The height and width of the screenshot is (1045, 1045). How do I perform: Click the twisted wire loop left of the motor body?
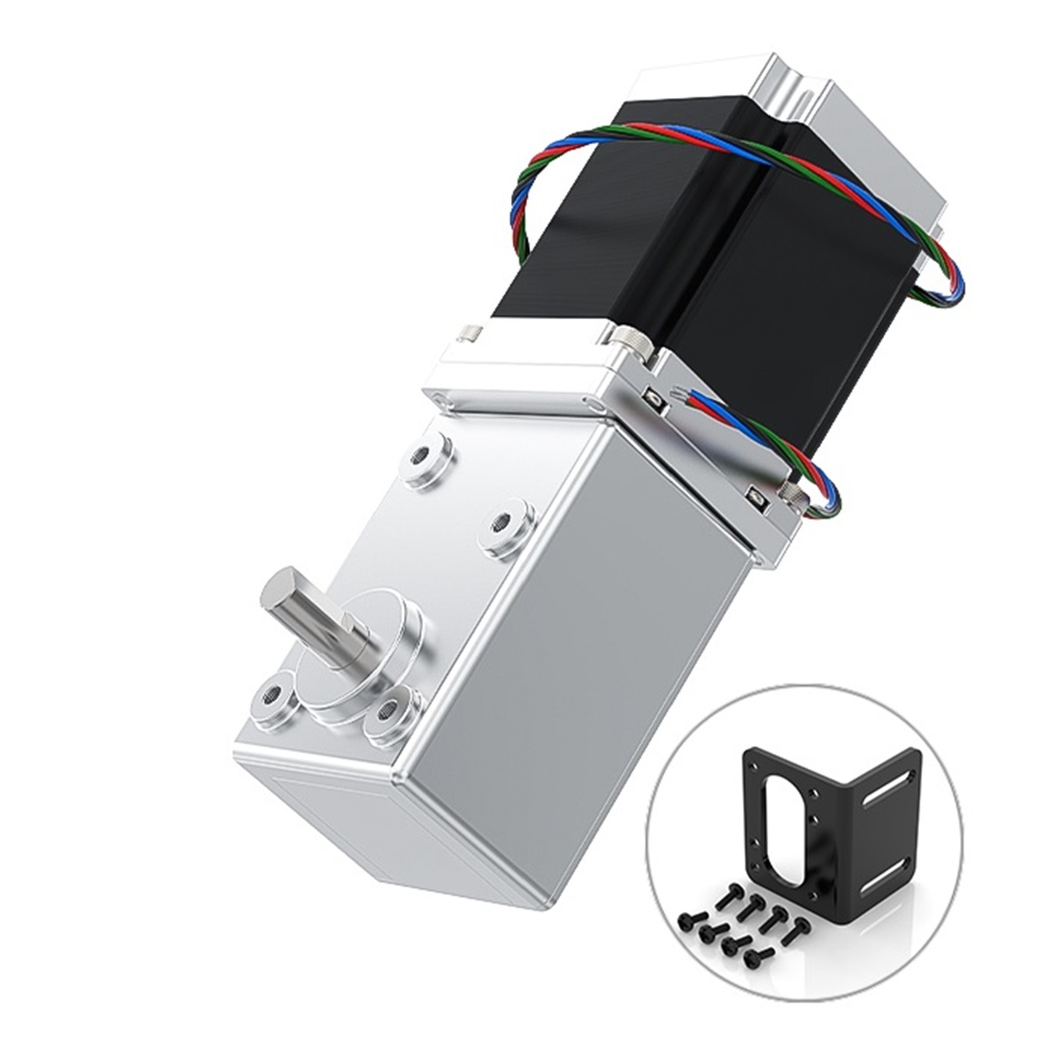click(x=522, y=189)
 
